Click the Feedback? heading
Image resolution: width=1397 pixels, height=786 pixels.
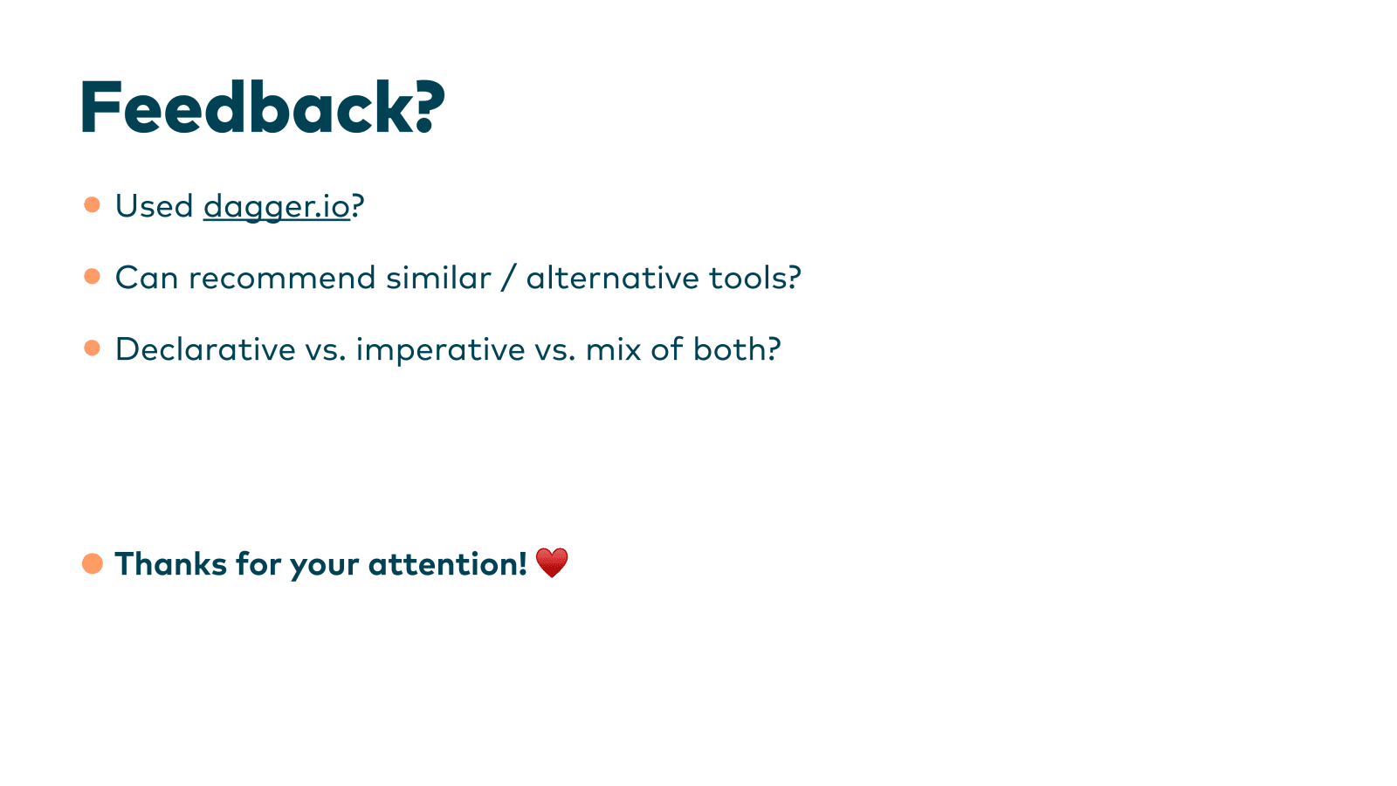[x=262, y=107]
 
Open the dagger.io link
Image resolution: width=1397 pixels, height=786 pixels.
[x=276, y=207]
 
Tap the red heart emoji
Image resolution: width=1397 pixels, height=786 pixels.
[x=552, y=562]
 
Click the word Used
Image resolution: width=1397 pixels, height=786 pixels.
[x=154, y=206]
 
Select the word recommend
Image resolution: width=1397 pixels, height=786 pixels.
[x=282, y=278]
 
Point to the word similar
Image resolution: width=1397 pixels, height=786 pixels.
[x=438, y=278]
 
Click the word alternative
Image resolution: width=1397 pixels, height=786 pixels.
[x=612, y=278]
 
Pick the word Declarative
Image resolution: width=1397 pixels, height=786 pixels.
[x=205, y=348]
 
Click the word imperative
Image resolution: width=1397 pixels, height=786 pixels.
[x=440, y=350]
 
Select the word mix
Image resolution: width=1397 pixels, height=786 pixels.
[x=613, y=348]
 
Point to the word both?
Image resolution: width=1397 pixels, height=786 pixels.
[x=737, y=348]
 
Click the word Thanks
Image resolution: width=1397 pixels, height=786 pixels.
[x=171, y=564]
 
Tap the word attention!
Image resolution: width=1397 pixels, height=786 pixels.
[x=448, y=564]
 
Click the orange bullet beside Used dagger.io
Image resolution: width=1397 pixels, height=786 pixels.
[x=92, y=204]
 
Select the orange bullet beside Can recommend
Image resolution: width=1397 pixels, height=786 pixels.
[x=92, y=276]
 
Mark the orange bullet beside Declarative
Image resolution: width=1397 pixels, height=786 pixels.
[x=92, y=348]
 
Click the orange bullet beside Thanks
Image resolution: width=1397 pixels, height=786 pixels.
[x=93, y=563]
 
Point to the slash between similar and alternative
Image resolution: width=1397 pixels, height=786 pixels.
[x=508, y=278]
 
